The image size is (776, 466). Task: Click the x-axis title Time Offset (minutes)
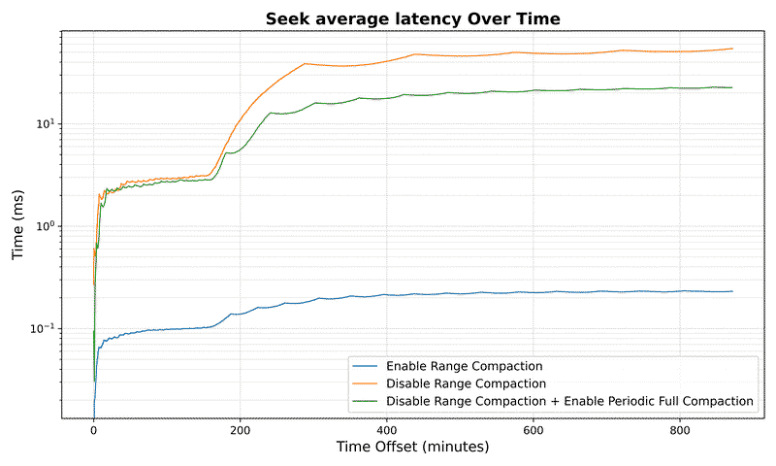412,448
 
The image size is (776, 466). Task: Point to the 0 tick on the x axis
93,429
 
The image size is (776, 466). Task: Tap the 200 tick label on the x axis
241,429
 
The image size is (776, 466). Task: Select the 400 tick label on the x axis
387,429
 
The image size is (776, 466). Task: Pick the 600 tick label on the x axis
533,429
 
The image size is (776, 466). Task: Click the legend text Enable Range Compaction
464,367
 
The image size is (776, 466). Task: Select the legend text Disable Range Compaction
466,383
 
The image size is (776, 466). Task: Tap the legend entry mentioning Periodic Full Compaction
569,400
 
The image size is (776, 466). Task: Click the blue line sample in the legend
365,367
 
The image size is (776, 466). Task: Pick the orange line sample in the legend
365,383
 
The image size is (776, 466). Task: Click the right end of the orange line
732,49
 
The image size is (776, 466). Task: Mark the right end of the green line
732,87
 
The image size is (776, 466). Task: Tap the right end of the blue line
732,291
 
